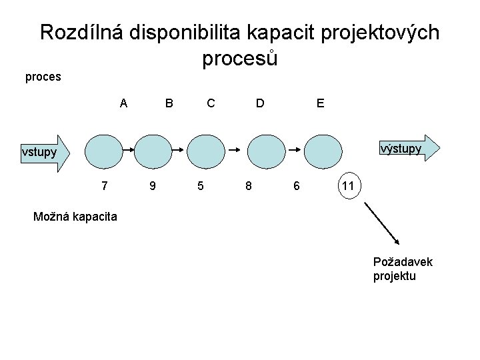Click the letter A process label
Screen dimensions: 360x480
(123, 103)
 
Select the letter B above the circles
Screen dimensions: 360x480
(169, 103)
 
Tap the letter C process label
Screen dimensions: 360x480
(211, 103)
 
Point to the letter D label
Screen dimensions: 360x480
(260, 103)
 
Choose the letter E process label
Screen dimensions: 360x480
(321, 103)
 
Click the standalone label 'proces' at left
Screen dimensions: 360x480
(43, 77)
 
